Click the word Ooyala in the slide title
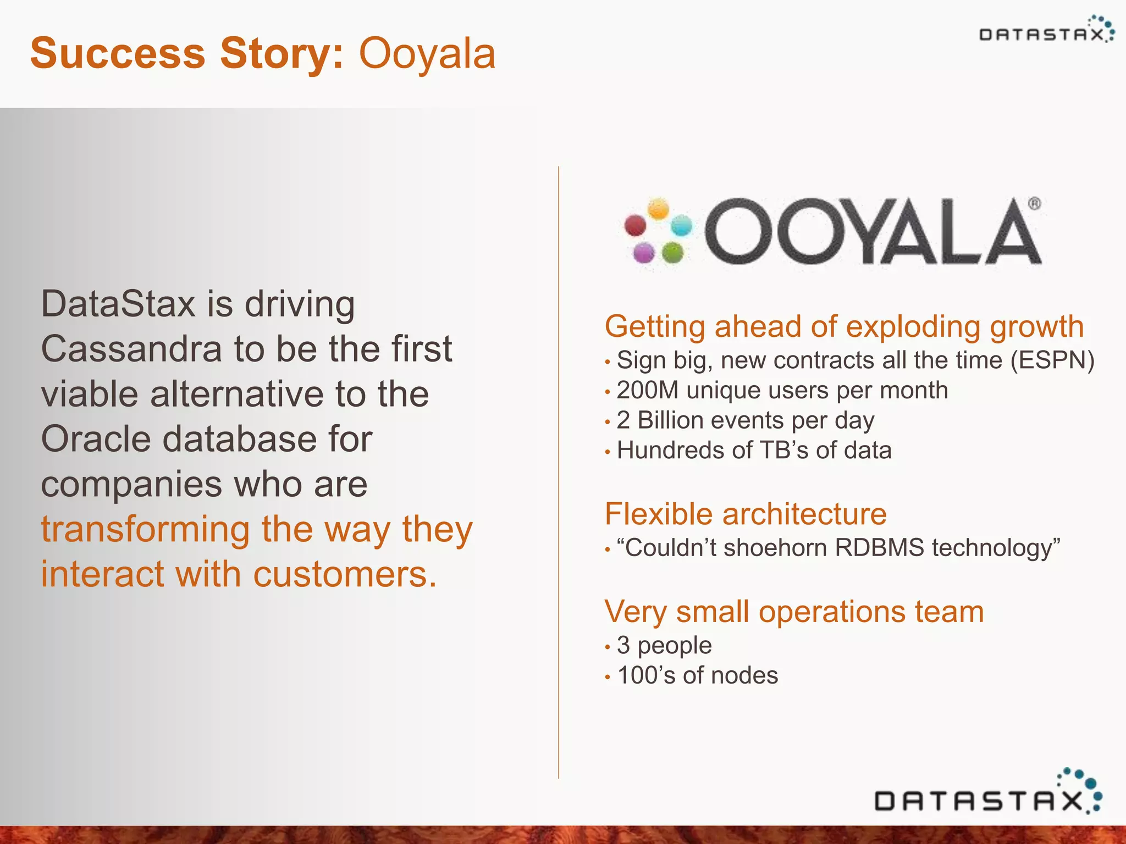pyautogui.click(x=427, y=54)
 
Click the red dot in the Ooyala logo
pyautogui.click(x=636, y=225)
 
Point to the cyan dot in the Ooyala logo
pyautogui.click(x=682, y=225)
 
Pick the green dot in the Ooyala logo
pyautogui.click(x=672, y=253)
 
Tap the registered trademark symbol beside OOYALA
pyautogui.click(x=1034, y=204)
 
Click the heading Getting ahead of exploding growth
pyautogui.click(x=844, y=326)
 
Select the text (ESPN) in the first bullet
pyautogui.click(x=1052, y=360)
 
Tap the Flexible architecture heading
pyautogui.click(x=746, y=514)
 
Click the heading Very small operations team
pyautogui.click(x=794, y=612)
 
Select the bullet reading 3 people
pyautogui.click(x=664, y=645)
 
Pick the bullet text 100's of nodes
pyautogui.click(x=697, y=675)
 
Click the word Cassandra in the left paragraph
pyautogui.click(x=131, y=349)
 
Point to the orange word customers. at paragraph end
pyautogui.click(x=345, y=574)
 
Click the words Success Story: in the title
pyautogui.click(x=187, y=54)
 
